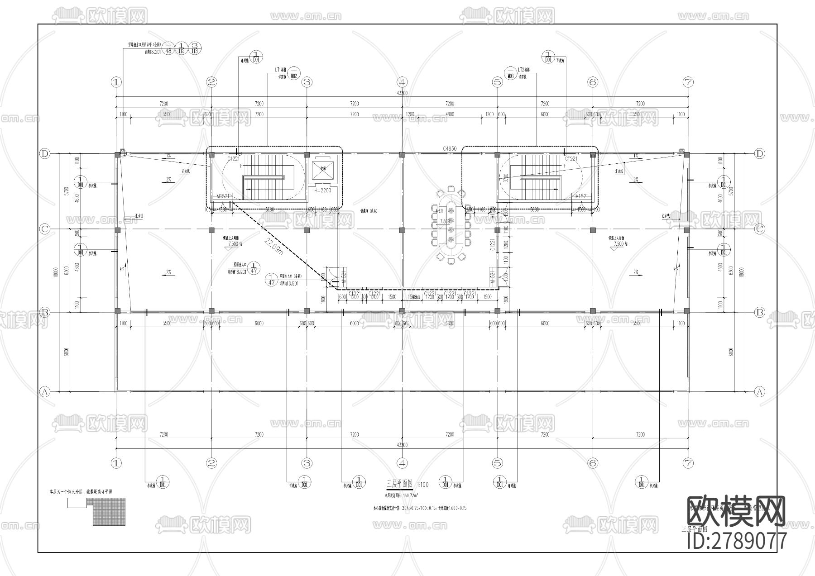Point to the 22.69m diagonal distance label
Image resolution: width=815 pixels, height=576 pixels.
click(x=273, y=247)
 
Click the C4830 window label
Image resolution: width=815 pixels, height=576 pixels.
click(x=450, y=148)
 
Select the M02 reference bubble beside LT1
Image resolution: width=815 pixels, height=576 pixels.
click(x=294, y=74)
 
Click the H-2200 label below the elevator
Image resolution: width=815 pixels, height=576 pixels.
click(x=323, y=190)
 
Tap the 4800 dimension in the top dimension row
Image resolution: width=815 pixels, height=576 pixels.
click(x=449, y=114)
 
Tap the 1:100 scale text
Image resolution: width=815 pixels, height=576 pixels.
click(x=422, y=485)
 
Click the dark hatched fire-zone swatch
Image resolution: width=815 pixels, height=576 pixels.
click(x=110, y=511)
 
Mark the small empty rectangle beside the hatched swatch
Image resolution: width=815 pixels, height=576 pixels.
click(x=77, y=503)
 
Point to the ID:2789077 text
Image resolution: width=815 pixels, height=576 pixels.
click(x=737, y=541)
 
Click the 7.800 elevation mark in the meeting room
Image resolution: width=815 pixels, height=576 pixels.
click(x=445, y=221)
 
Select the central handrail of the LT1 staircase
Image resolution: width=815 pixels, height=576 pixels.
click(x=264, y=176)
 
